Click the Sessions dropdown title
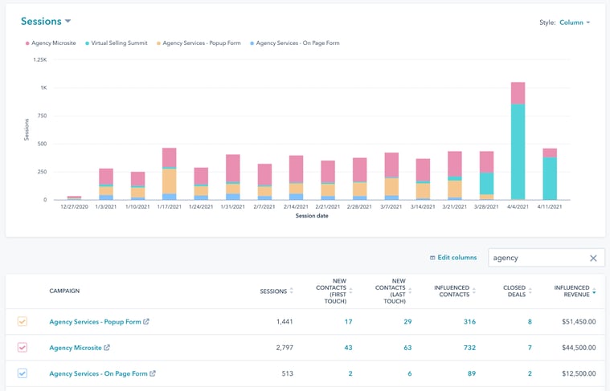[x=45, y=22]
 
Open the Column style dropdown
[x=575, y=22]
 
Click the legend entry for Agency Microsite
[x=54, y=43]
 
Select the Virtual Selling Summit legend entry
[x=118, y=43]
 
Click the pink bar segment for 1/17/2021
[x=169, y=157]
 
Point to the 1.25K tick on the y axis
[x=39, y=59]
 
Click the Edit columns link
[x=453, y=258]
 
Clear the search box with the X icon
[x=593, y=258]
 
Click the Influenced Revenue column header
[x=571, y=291]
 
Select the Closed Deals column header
[x=514, y=291]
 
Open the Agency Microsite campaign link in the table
[x=76, y=348]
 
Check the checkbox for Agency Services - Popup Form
[x=23, y=322]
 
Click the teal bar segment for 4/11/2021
[x=550, y=178]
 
